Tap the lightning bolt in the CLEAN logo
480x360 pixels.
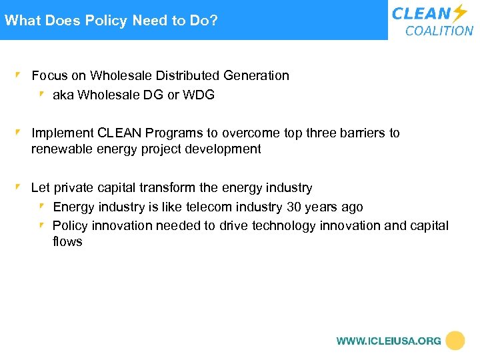coord(460,13)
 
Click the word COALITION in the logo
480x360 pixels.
coord(439,31)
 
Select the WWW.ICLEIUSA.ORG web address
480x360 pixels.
coord(389,341)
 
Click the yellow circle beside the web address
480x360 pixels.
coord(455,341)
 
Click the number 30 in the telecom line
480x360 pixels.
coord(294,207)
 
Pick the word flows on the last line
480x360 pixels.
coord(67,241)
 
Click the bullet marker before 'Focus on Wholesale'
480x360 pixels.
coord(20,75)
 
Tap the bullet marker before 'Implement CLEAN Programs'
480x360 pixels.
coord(20,133)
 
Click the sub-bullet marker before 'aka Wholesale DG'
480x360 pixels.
coord(41,95)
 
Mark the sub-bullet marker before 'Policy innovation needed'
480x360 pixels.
coord(41,225)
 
